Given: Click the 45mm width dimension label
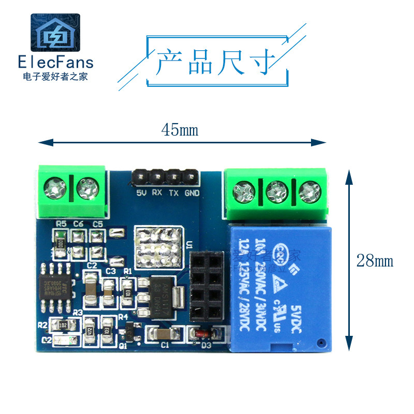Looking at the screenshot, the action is tap(180, 129).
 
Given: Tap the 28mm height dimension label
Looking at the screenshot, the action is tap(375, 261).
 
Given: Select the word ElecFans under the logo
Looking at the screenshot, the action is tap(56, 63).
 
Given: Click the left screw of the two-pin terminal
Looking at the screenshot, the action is tap(54, 188).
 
